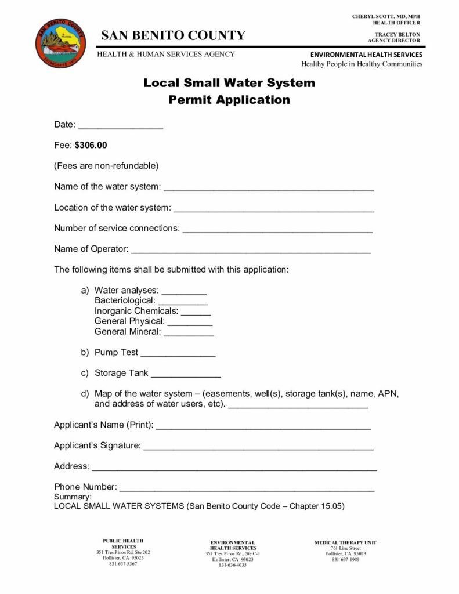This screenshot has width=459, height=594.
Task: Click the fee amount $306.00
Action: tap(91, 144)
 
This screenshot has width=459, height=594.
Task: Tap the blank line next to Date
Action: tap(120, 126)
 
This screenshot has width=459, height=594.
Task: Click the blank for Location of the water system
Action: tap(273, 209)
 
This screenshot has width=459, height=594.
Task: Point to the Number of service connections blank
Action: tap(277, 230)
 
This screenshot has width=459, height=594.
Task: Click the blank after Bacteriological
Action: tap(183, 303)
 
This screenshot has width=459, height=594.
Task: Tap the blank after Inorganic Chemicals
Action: tap(196, 313)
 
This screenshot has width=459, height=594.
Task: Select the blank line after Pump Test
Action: tap(178, 354)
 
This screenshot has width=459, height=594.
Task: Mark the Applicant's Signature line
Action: tap(258, 447)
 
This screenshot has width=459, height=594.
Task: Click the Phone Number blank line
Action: tap(247, 489)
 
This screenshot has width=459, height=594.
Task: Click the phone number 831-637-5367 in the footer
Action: tap(123, 564)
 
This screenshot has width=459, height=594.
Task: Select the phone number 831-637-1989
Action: tap(345, 559)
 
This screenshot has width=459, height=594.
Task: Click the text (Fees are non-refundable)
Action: tap(106, 166)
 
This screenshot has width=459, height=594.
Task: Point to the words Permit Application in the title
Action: tap(229, 100)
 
